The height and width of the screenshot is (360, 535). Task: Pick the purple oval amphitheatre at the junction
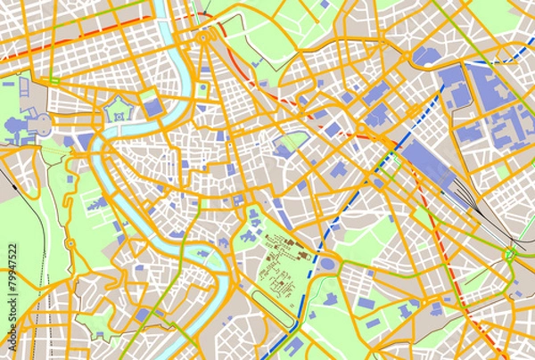[x=327, y=265]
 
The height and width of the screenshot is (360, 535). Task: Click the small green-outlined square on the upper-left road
[x=54, y=83]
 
